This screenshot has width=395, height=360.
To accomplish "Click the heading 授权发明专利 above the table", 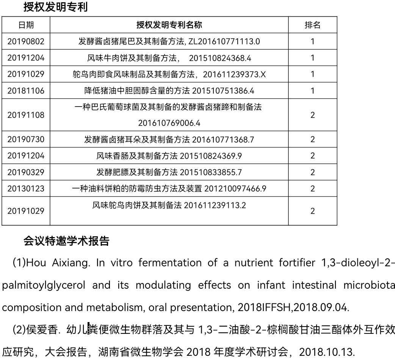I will click(x=55, y=7).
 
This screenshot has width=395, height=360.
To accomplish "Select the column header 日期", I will click(x=26, y=25).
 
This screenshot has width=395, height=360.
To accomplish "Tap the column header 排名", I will click(x=312, y=25).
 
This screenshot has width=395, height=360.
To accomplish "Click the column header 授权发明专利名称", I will click(x=169, y=25).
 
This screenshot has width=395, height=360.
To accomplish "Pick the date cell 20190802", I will click(x=26, y=41).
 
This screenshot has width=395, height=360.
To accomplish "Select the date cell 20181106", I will click(x=26, y=91).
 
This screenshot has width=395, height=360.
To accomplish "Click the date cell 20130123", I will click(x=26, y=189).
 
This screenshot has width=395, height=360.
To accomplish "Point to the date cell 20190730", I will click(x=26, y=140).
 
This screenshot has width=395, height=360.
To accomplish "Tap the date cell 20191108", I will click(x=26, y=115).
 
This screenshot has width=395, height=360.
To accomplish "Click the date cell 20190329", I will click(x=26, y=172).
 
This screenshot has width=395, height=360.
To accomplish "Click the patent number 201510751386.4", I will click(x=223, y=91).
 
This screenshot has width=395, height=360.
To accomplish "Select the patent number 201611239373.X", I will click(x=234, y=74).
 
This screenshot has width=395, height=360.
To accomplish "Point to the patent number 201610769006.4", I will click(x=169, y=123).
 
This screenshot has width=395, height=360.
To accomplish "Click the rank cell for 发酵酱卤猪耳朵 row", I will click(x=312, y=140).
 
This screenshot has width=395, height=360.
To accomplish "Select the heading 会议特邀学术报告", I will click(x=66, y=241).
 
